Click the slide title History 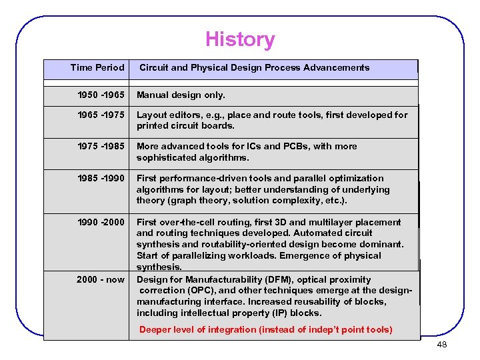[x=240, y=39]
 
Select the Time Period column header [x=97, y=67]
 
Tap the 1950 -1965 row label [x=101, y=95]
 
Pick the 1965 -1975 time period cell [x=101, y=115]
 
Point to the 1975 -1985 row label [x=101, y=146]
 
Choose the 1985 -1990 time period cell [x=101, y=178]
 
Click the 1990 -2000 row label [x=101, y=222]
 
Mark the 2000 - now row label [x=101, y=279]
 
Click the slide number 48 [x=441, y=345]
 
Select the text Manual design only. [x=181, y=95]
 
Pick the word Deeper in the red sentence [x=155, y=329]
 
